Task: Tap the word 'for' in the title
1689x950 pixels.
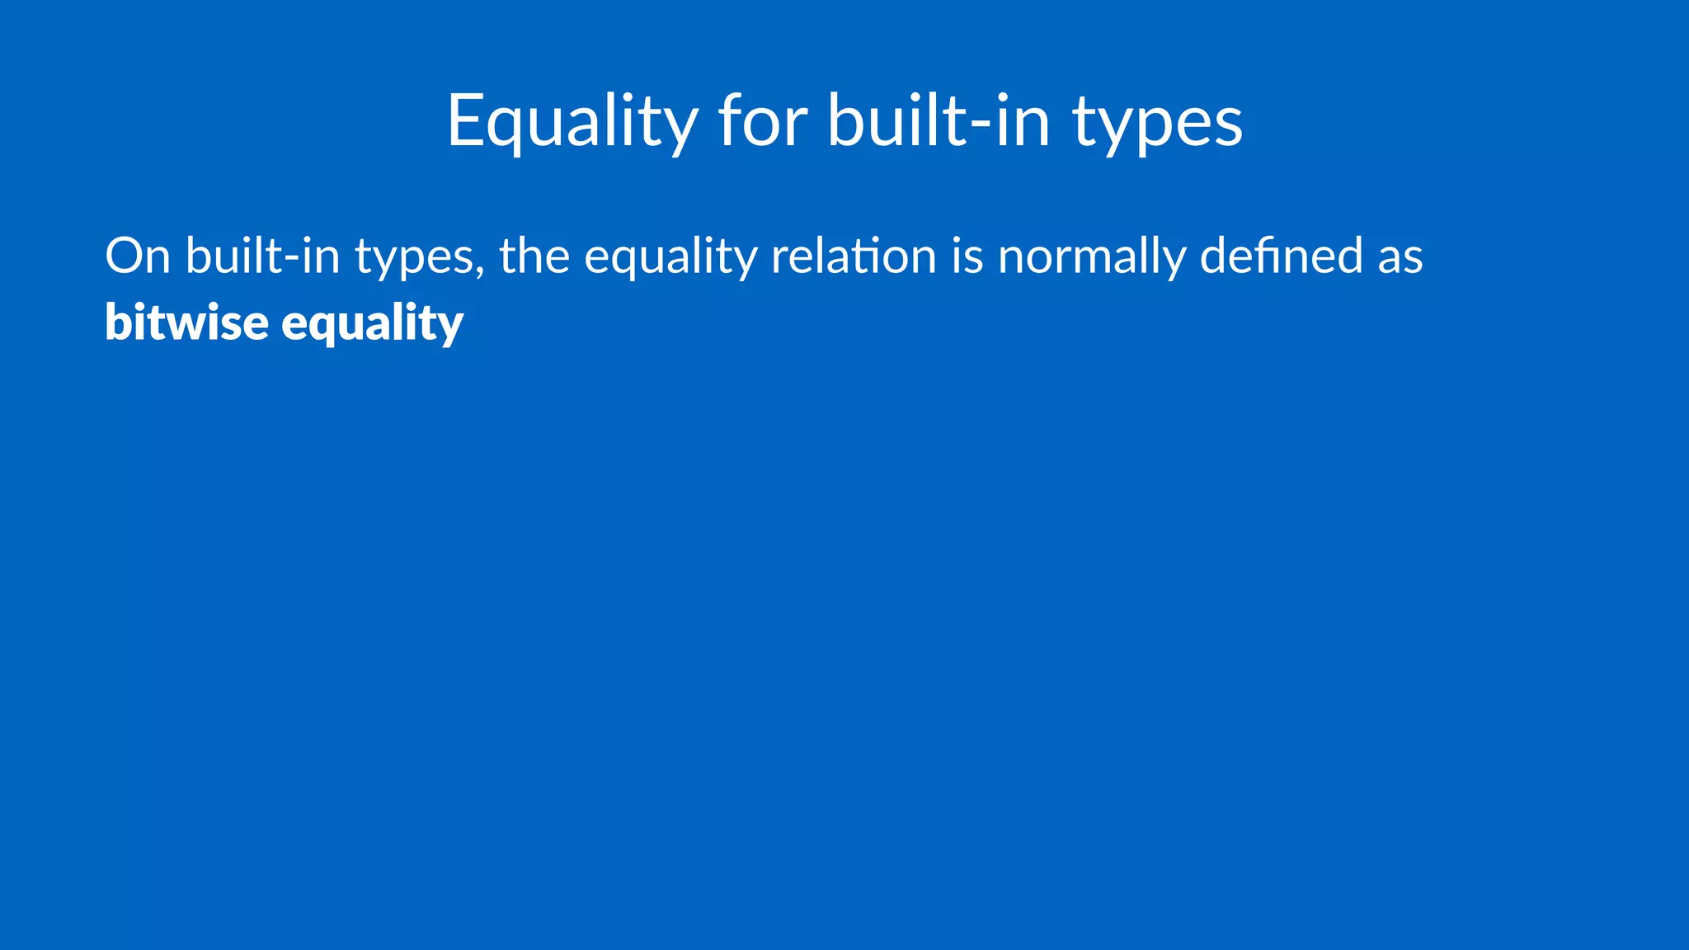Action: (x=763, y=122)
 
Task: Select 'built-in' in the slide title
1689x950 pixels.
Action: (x=939, y=122)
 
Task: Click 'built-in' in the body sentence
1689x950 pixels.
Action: (x=262, y=256)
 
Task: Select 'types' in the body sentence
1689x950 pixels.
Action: (x=416, y=257)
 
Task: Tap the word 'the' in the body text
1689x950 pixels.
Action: (x=534, y=256)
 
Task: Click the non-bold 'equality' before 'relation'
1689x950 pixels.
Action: (x=670, y=257)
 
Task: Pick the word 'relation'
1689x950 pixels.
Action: (x=854, y=256)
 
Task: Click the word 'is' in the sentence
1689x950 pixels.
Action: (x=967, y=256)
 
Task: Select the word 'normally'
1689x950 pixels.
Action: (x=1091, y=257)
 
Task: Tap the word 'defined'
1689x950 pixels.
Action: (x=1281, y=256)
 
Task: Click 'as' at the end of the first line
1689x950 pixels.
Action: (x=1400, y=257)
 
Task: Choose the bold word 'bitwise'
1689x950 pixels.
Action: (x=186, y=322)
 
